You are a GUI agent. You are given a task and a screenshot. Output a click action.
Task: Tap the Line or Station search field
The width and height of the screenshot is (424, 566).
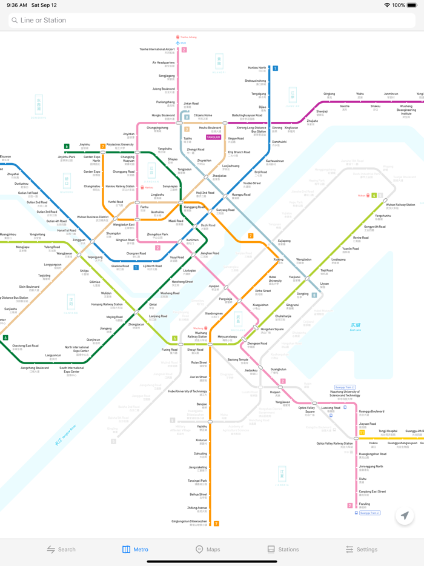click(212, 20)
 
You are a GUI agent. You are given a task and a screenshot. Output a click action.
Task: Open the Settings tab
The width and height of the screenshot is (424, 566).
click(362, 549)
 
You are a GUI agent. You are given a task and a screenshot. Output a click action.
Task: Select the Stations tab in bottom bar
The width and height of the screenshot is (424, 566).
click(283, 549)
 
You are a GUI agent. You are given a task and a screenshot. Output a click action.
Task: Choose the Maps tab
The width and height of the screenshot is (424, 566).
click(207, 549)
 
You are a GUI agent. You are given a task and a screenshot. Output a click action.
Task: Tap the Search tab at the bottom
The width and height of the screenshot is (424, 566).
click(61, 549)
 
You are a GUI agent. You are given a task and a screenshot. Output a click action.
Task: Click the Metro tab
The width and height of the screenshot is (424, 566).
click(135, 549)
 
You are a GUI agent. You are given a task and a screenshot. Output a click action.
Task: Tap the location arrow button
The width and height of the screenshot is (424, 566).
click(405, 516)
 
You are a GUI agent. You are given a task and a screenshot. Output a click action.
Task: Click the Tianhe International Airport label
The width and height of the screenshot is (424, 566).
click(157, 50)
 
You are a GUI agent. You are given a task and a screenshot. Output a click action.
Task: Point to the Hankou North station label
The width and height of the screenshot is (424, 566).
click(257, 68)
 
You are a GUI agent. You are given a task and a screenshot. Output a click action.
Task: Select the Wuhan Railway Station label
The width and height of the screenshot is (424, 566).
click(400, 205)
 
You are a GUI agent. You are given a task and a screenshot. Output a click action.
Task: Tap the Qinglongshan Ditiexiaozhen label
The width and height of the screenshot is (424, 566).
click(189, 521)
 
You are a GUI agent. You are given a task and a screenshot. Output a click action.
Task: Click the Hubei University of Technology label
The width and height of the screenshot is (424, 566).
click(187, 391)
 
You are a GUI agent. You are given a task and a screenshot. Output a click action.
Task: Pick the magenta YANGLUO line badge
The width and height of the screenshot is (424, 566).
click(213, 138)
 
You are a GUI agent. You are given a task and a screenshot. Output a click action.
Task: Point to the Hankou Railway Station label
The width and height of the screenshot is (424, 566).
click(120, 187)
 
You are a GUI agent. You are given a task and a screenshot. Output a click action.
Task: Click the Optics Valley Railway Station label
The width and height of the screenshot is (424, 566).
click(334, 444)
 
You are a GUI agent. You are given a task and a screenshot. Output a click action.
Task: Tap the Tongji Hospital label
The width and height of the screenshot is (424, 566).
click(388, 431)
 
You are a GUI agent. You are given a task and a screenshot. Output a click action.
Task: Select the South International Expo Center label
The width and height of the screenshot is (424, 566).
click(71, 368)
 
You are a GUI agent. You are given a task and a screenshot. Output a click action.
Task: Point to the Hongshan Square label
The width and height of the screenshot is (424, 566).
click(272, 330)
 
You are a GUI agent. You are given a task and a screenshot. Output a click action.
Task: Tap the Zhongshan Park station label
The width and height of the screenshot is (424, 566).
click(157, 235)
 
